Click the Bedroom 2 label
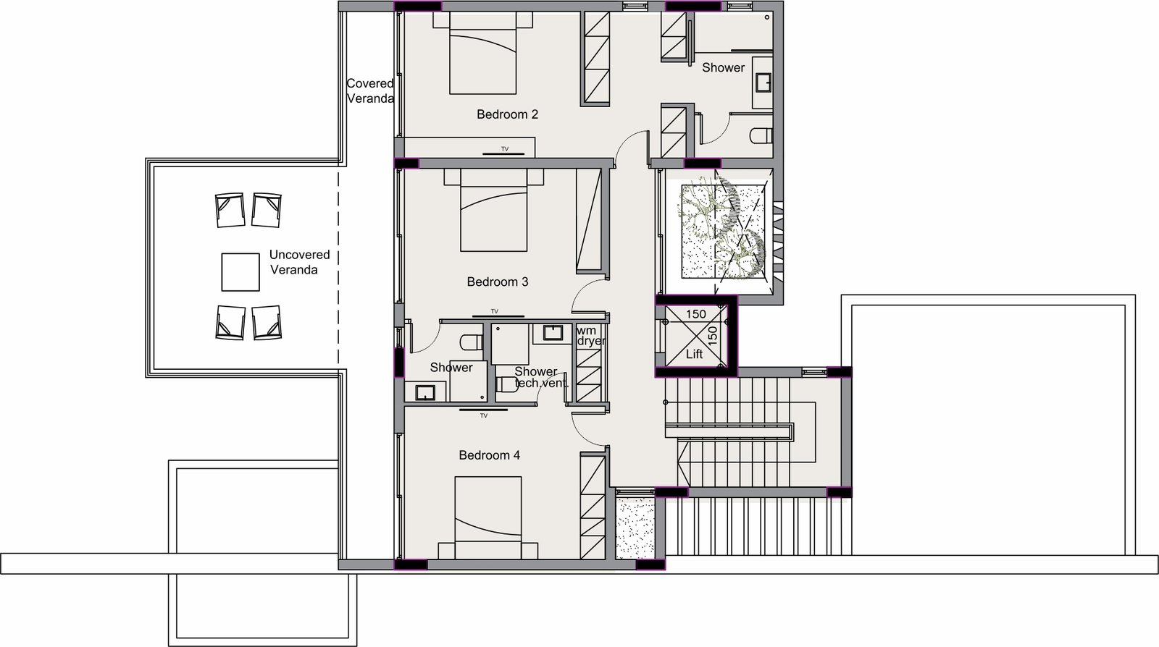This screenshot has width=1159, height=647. click(x=507, y=114)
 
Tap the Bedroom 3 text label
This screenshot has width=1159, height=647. click(x=497, y=282)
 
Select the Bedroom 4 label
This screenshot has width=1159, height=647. click(x=490, y=455)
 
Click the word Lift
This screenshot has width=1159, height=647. click(x=695, y=354)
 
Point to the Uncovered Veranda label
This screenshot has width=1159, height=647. click(x=299, y=262)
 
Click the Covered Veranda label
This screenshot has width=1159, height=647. click(x=370, y=91)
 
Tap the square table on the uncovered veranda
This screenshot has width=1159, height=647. click(x=240, y=272)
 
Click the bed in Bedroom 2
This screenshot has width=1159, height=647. click(x=482, y=54)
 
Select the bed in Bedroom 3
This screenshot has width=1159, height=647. click(x=493, y=211)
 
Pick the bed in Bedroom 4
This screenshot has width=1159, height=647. click(x=488, y=517)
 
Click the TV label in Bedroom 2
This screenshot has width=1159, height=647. click(x=504, y=149)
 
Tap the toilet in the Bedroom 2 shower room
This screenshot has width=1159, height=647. click(x=761, y=135)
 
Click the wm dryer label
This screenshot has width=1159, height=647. click(x=590, y=336)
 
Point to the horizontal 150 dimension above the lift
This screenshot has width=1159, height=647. click(x=696, y=314)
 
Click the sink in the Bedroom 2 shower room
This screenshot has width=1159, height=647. click(x=763, y=82)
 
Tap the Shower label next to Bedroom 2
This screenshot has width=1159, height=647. click(x=724, y=68)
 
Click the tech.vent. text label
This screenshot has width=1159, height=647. click(x=542, y=384)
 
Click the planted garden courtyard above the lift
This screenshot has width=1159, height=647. click(x=722, y=229)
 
